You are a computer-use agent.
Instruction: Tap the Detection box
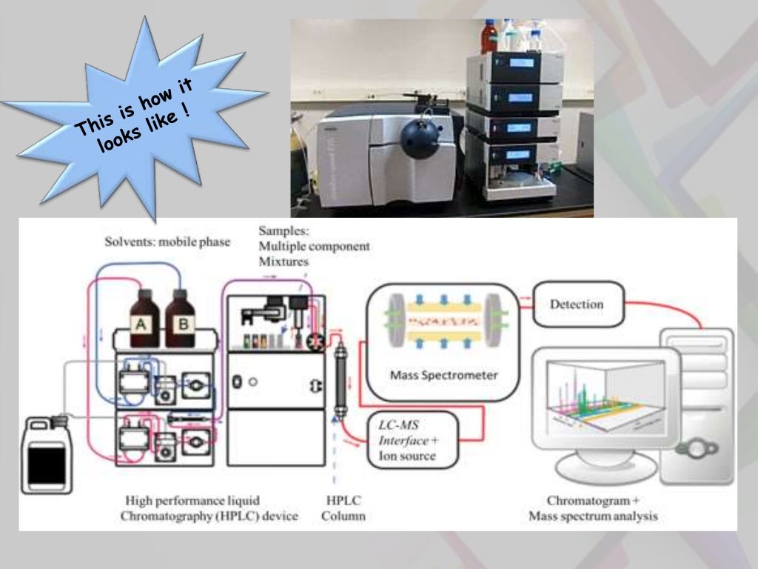click(x=577, y=304)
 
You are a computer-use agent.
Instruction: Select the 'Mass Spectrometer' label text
click(x=443, y=375)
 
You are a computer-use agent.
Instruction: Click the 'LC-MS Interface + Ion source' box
click(x=413, y=439)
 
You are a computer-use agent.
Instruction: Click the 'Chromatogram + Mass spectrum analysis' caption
click(x=593, y=508)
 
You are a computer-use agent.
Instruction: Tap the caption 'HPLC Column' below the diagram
click(x=343, y=508)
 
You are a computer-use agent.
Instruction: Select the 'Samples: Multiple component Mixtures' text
click(x=313, y=246)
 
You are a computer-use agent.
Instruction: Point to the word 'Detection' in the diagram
click(x=577, y=304)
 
